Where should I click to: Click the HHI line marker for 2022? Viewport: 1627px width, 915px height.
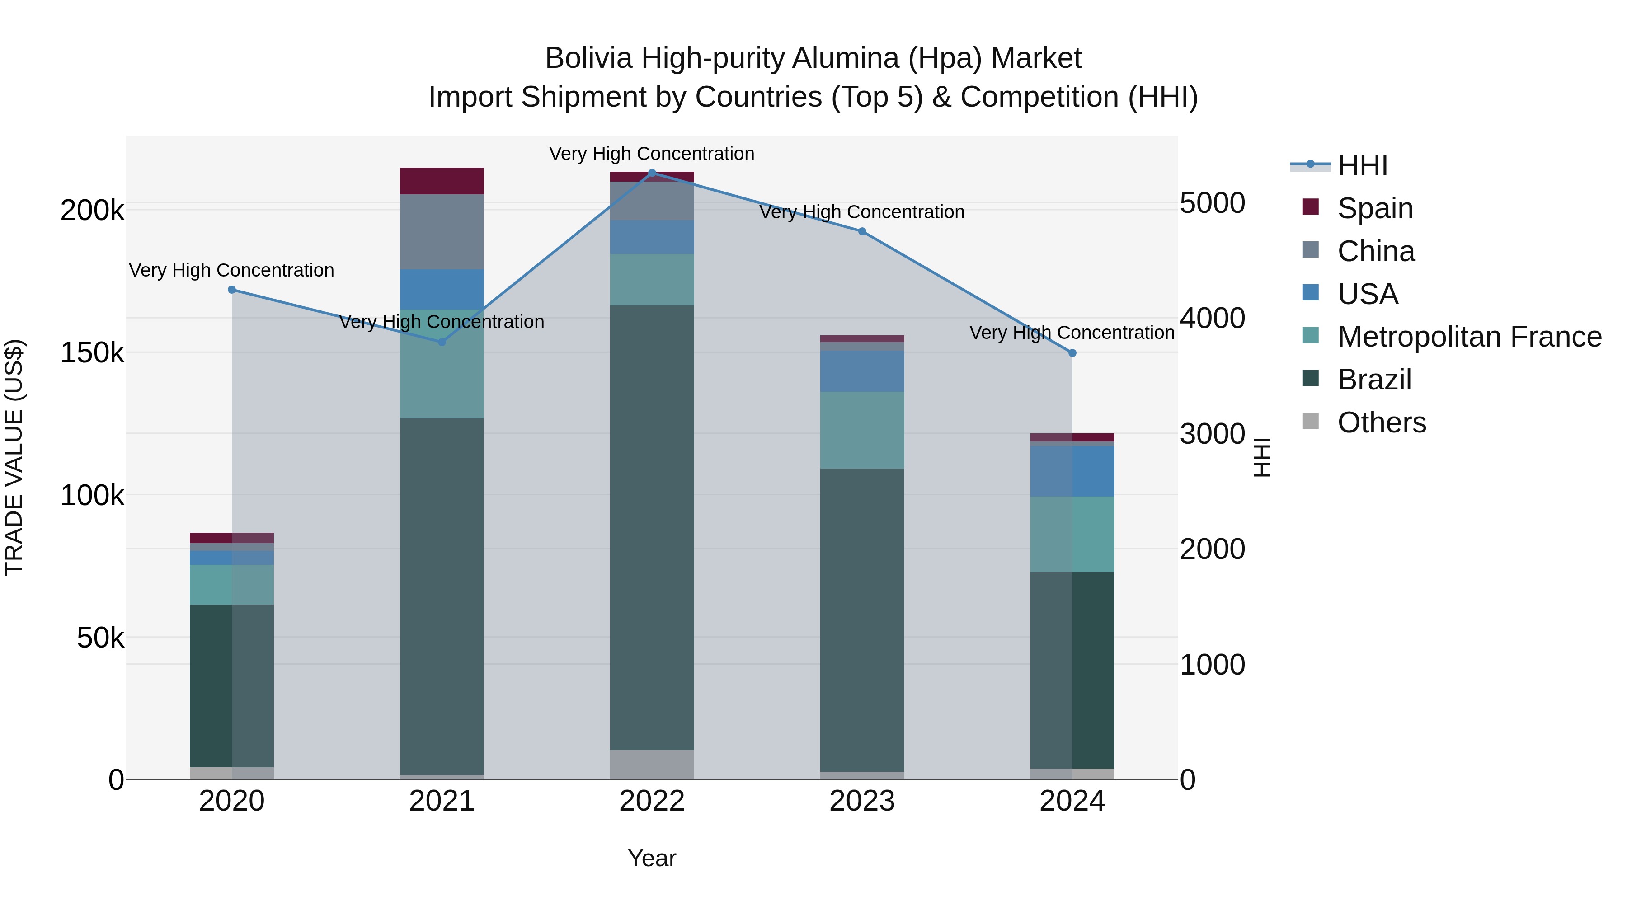click(652, 173)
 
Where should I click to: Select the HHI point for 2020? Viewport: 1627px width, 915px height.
click(232, 290)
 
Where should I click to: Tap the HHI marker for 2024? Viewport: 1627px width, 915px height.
click(1072, 353)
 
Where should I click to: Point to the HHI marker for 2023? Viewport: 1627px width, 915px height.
click(862, 231)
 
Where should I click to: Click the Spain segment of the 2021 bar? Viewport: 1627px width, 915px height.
click(442, 181)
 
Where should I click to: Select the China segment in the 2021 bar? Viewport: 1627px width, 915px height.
click(442, 232)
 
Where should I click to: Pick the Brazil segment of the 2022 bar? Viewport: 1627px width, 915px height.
click(652, 527)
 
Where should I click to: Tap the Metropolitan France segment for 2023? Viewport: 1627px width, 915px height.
click(862, 430)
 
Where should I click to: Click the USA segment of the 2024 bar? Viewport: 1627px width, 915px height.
click(1072, 471)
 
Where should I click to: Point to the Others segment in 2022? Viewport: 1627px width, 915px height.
click(652, 764)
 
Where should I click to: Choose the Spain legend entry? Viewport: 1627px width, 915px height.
click(1374, 208)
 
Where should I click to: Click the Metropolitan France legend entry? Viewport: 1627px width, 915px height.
click(1469, 337)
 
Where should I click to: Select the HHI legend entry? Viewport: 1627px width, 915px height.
click(1362, 165)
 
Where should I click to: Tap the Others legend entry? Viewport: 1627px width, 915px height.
click(1381, 422)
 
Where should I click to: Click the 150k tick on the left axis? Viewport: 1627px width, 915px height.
click(92, 353)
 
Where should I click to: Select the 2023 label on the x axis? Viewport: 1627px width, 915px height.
click(862, 801)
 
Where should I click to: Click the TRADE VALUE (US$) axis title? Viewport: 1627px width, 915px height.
click(14, 457)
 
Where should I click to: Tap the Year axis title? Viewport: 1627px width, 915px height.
click(652, 858)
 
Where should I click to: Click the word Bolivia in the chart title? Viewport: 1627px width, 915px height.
click(588, 59)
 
